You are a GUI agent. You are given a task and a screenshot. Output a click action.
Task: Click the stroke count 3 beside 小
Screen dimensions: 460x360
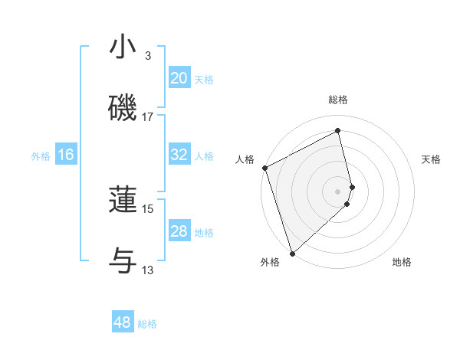pos(148,56)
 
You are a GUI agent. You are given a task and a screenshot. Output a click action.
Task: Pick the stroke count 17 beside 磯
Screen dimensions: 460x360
pos(148,116)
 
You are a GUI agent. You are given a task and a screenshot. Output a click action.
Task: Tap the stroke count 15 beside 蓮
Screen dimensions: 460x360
pos(148,208)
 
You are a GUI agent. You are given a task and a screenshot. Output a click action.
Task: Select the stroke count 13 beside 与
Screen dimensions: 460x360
pos(148,270)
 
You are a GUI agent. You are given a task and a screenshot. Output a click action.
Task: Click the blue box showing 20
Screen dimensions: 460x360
pos(179,78)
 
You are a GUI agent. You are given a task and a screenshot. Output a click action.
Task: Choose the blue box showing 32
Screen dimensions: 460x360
pos(179,155)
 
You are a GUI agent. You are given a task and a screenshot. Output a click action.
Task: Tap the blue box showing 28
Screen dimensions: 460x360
pos(179,231)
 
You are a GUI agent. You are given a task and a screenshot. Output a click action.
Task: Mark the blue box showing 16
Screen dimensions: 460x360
pos(66,155)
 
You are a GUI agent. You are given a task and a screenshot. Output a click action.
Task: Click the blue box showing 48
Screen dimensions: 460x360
pos(123,322)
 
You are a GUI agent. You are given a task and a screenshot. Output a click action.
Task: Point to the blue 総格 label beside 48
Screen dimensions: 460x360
pos(147,324)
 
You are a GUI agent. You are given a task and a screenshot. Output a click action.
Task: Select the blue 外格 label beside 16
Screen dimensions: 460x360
pos(41,156)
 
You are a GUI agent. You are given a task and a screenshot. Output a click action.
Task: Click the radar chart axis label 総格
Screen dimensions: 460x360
pos(338,100)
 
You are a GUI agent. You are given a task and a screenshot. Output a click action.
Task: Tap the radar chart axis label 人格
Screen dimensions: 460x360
pos(245,159)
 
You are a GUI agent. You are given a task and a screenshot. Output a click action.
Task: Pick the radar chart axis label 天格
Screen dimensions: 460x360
pos(431,159)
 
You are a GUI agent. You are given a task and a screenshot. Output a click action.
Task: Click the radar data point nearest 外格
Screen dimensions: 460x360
pos(292,253)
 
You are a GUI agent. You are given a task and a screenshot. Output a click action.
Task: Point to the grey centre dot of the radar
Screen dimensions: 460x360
pos(338,191)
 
